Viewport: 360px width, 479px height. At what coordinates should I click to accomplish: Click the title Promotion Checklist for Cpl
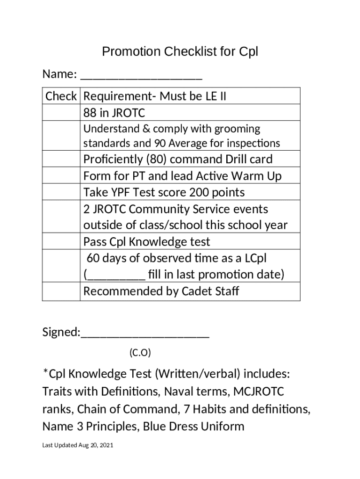pos(180,51)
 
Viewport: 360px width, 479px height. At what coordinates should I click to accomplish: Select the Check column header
pos(61,96)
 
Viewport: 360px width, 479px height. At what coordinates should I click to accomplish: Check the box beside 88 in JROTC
pos(61,113)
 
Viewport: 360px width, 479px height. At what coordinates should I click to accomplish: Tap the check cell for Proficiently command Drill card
pos(61,159)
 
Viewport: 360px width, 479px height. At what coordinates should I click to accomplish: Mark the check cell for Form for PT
pos(61,176)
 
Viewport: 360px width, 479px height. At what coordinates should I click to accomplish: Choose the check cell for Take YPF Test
pos(61,192)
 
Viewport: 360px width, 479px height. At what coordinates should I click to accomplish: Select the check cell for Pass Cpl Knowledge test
pos(61,241)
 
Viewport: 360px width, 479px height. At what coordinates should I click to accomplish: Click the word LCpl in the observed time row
pos(254,258)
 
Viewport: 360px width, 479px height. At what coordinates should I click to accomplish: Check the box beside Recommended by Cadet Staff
pos(61,291)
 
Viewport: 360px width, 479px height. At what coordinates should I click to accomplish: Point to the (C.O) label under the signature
pos(140,353)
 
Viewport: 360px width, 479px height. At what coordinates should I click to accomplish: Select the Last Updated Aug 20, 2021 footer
pos(78,445)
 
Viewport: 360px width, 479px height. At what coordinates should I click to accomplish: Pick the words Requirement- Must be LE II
pos(155,96)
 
